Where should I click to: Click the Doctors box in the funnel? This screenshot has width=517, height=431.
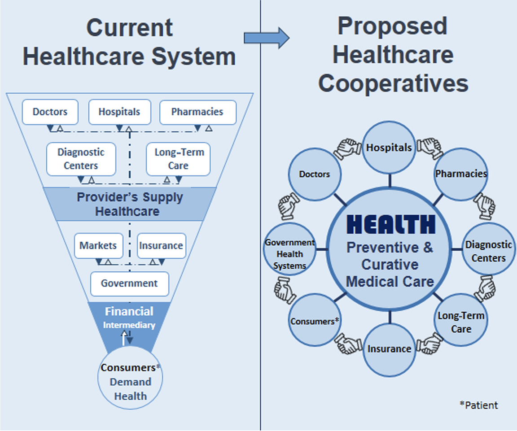point(50,112)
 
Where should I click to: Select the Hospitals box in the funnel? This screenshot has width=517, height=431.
point(119,112)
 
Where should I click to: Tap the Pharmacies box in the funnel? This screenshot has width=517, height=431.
point(197,112)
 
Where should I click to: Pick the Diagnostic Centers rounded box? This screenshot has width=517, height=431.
point(81,159)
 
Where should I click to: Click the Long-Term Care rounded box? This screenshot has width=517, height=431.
point(178,159)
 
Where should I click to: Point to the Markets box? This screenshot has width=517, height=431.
point(98,245)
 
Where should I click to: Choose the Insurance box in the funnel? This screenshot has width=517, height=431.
point(161,245)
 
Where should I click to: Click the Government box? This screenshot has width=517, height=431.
point(129,283)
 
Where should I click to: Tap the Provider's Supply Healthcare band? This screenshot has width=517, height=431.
point(129,204)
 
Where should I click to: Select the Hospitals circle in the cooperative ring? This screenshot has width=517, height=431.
point(389,148)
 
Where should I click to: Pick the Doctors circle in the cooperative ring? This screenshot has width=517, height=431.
point(315,174)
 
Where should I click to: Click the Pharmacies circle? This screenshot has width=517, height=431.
point(461,174)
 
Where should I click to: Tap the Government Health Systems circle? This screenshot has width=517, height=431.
point(289,254)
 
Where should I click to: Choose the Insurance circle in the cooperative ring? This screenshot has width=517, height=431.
point(389,349)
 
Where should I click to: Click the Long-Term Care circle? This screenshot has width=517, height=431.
point(461,322)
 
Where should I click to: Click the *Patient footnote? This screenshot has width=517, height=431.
point(478,405)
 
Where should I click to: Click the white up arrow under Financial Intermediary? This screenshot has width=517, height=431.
point(124,338)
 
